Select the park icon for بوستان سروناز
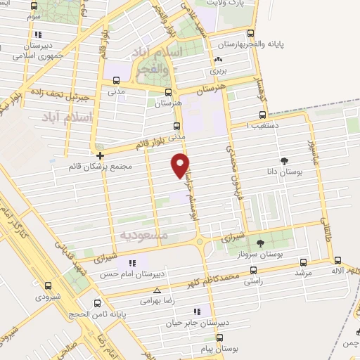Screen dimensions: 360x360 click(x=260, y=243)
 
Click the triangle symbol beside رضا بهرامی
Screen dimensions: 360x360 click(x=157, y=290)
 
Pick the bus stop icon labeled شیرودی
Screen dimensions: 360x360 click(x=48, y=286)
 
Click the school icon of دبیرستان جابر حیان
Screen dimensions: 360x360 click(x=197, y=311)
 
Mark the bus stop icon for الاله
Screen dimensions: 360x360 click(x=338, y=259)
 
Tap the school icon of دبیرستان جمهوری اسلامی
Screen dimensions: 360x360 click(x=37, y=34)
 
